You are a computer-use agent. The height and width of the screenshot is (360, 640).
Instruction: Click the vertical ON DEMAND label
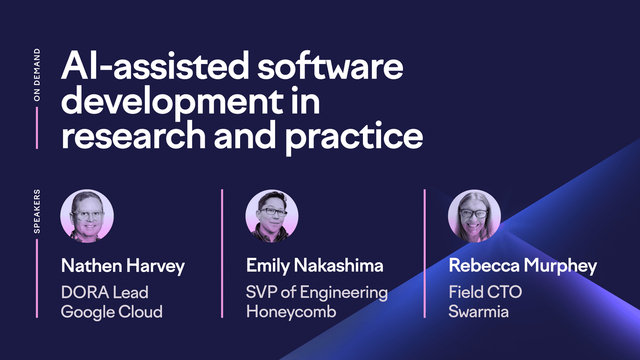click(37, 74)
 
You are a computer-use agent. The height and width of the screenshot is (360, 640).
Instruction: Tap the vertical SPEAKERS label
click(37, 211)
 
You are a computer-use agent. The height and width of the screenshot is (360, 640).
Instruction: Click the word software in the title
click(330, 65)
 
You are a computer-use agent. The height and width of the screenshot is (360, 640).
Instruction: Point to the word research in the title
click(133, 135)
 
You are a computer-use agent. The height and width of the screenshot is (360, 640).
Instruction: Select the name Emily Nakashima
click(315, 265)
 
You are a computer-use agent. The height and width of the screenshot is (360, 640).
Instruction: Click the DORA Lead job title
click(105, 292)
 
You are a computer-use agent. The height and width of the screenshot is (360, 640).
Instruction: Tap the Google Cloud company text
click(111, 311)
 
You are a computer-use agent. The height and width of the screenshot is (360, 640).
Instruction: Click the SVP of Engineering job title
click(317, 293)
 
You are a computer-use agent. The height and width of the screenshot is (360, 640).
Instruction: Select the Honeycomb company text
click(291, 311)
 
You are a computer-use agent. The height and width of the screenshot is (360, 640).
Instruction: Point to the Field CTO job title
click(485, 292)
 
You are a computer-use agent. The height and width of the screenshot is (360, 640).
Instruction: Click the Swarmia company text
click(478, 311)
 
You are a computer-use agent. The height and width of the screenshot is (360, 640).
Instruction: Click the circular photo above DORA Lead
click(87, 216)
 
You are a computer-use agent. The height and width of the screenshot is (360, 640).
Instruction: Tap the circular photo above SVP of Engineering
click(271, 216)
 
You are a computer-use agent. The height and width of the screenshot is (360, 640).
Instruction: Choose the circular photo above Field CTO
click(474, 216)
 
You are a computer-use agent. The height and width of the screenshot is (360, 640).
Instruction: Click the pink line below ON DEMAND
click(37, 128)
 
